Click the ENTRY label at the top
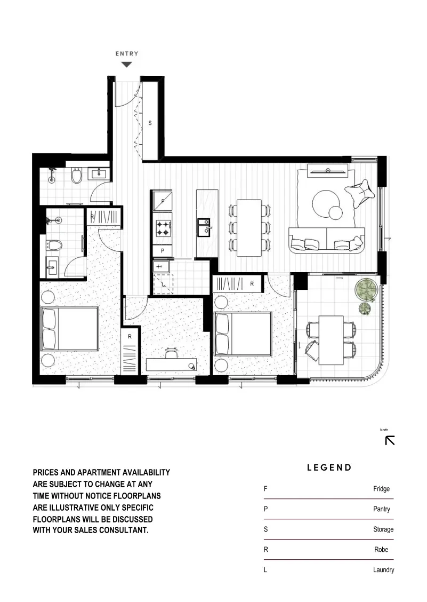[127, 53]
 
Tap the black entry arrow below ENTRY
[126, 65]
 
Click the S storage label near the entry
[150, 123]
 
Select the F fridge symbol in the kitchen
[162, 201]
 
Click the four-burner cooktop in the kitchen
[162, 228]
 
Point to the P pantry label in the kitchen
[162, 250]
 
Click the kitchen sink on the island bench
[204, 228]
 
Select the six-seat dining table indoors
[249, 228]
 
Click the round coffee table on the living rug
[326, 202]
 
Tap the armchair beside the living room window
[358, 192]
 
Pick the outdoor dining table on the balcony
[331, 339]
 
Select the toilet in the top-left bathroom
[77, 176]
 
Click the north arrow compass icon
[390, 440]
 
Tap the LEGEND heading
[329, 468]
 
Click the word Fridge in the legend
[381, 489]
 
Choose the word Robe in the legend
[381, 550]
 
